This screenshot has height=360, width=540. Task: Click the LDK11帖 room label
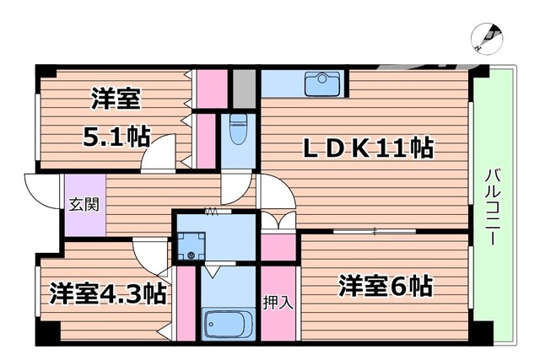(369, 149)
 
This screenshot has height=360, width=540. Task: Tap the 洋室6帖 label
(386, 286)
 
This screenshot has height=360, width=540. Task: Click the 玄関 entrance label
(82, 203)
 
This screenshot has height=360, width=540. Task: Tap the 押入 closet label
(278, 302)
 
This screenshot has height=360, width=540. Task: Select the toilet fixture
(238, 131)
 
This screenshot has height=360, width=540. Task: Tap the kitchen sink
(321, 83)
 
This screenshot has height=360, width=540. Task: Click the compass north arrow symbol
(488, 38)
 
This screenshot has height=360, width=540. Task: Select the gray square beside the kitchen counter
(245, 85)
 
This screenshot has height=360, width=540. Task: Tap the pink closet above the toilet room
(213, 85)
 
